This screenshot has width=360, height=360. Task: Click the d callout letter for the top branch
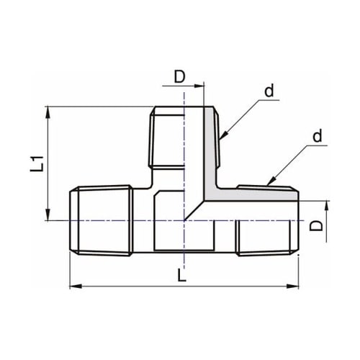tap(269, 91)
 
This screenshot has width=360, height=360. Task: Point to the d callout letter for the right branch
tap(318, 137)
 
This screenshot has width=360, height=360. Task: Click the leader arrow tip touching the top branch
tap(221, 136)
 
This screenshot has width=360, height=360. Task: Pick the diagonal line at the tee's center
tap(194, 209)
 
